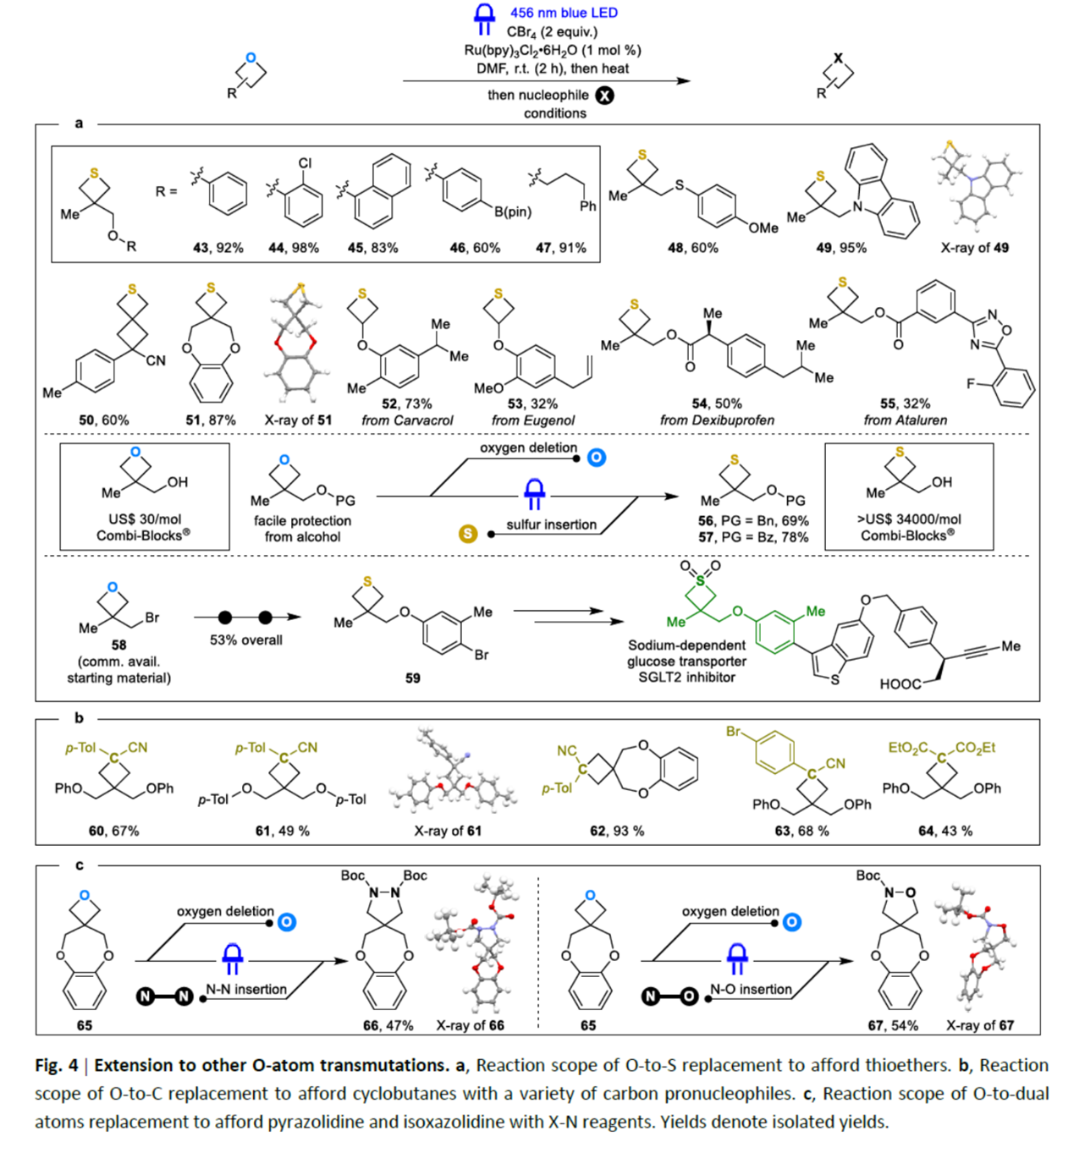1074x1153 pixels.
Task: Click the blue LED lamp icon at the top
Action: point(484,19)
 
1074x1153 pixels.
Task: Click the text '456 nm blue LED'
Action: point(564,13)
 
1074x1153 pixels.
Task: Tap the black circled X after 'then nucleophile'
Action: point(604,96)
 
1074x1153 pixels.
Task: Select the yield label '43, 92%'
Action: point(218,248)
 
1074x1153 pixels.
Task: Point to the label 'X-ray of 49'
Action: point(974,248)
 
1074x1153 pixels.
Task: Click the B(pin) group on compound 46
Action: point(513,211)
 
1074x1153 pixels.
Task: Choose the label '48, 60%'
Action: point(692,248)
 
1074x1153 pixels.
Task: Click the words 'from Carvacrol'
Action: point(407,420)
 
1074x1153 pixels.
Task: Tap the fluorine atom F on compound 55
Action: point(972,383)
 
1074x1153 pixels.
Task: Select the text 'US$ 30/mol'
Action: point(145,519)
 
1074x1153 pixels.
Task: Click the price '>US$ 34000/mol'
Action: point(908,519)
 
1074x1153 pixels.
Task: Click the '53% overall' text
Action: point(246,640)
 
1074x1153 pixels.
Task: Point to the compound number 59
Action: point(412,678)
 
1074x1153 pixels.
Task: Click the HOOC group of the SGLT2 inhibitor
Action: point(900,684)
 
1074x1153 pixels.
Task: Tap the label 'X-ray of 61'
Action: point(448,831)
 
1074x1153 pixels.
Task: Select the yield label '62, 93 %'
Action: point(617,831)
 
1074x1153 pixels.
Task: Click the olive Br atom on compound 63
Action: point(733,732)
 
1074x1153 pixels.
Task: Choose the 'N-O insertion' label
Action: point(751,989)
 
